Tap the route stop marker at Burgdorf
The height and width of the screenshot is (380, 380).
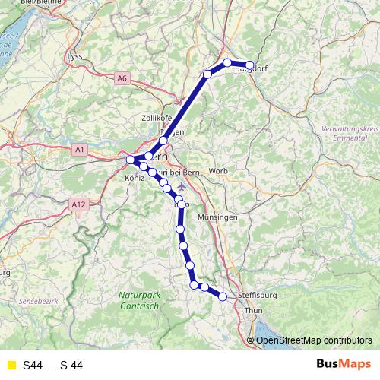[x=249, y=65]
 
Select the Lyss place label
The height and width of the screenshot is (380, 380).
[x=74, y=57]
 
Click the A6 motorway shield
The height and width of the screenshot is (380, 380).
[x=122, y=78]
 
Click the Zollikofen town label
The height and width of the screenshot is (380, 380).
[x=158, y=118]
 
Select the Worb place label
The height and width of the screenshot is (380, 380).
[x=218, y=170]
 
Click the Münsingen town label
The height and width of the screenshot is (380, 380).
[x=217, y=217]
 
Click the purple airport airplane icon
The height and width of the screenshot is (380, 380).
[x=180, y=185]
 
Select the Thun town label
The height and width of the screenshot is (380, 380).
[x=253, y=311]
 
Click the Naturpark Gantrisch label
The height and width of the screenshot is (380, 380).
[x=140, y=299]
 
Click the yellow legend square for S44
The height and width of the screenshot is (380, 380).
[x=11, y=366]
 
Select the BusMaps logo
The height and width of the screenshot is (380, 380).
[x=343, y=365]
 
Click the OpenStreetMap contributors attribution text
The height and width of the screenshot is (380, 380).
[x=314, y=340]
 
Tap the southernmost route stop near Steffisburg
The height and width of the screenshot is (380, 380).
[x=223, y=297]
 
